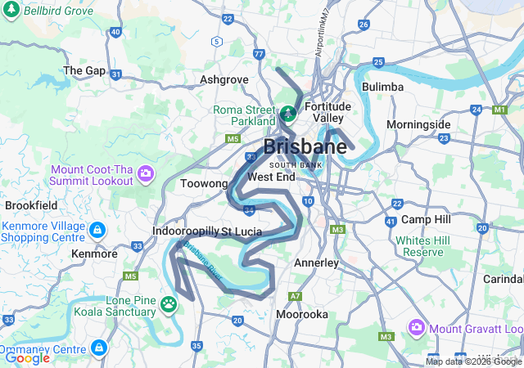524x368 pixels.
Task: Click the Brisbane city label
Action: (305, 147)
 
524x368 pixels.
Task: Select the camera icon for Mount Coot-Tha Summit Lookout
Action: (147, 173)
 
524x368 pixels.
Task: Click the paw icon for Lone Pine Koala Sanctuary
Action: (169, 304)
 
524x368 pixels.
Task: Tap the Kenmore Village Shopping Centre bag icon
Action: (97, 230)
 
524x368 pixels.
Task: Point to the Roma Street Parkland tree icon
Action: (288, 113)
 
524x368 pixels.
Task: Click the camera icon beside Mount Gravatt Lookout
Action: (416, 327)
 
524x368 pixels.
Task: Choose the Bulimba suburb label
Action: (382, 87)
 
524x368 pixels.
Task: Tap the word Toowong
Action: (203, 184)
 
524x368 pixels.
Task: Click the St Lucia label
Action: (242, 231)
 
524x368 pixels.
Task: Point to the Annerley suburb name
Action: (316, 263)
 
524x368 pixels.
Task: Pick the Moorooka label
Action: (302, 314)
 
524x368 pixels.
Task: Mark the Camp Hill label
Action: (426, 220)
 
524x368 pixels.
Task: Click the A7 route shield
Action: (295, 296)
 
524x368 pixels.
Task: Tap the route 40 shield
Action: (115, 33)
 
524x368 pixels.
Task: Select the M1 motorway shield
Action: (499, 109)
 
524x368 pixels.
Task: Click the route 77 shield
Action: (259, 55)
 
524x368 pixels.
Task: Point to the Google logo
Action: (27, 357)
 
